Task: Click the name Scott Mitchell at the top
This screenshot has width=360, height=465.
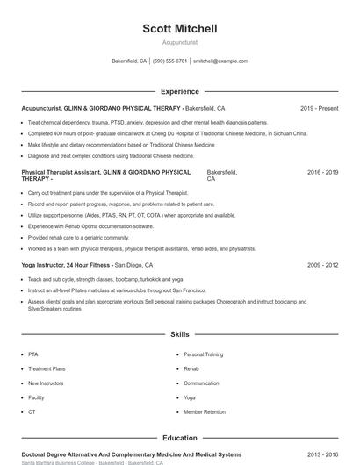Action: coord(180,29)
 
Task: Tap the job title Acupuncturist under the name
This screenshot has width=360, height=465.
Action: coord(180,42)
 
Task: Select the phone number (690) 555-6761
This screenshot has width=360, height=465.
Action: coord(169,61)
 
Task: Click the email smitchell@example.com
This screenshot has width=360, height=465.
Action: coord(220,61)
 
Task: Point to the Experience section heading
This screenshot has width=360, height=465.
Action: coord(180,91)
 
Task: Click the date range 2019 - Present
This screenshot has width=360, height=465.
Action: coord(319,108)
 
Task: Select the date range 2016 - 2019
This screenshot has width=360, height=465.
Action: coord(322,172)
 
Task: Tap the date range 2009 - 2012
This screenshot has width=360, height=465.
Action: coord(322,264)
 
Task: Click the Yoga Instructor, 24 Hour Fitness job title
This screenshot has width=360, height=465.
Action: coord(67,264)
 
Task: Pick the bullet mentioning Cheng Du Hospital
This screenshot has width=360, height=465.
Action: coord(167,133)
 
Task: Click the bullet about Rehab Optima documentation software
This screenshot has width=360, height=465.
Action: coord(90,225)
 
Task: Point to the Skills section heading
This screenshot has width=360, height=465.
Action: coord(180,334)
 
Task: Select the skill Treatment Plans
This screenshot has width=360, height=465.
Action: coord(47,369)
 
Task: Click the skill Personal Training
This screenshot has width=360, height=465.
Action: coord(203,354)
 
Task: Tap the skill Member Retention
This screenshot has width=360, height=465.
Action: coord(205,411)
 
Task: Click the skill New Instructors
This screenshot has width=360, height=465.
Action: coord(46,383)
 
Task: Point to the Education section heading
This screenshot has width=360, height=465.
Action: coord(180,437)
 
